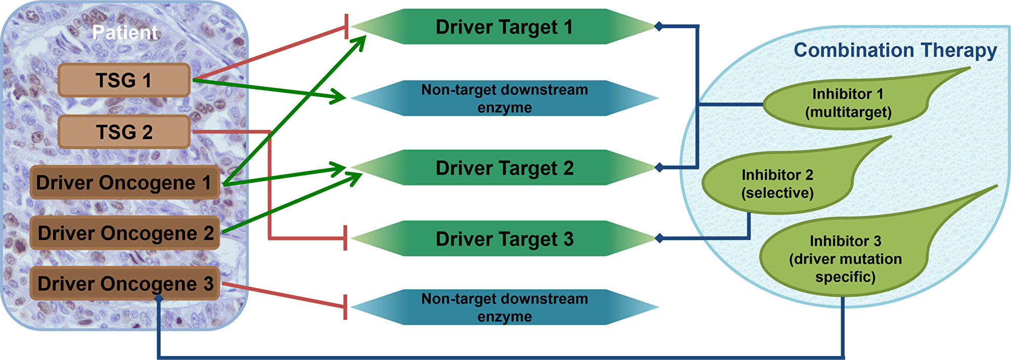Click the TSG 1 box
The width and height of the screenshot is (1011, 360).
pos(124,80)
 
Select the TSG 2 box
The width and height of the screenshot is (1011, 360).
pos(124,132)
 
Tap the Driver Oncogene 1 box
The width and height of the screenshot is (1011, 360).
pos(124,183)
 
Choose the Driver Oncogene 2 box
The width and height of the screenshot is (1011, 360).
pos(125,233)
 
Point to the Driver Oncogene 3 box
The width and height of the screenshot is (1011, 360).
pos(125,284)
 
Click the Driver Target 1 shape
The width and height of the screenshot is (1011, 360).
pos(504,27)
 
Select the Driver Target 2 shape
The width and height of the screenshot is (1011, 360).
pos(504,168)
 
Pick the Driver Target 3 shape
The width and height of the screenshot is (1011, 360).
pos(504,239)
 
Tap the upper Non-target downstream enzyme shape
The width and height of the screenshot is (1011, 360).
pos(504,99)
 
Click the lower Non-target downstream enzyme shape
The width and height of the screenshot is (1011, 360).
pos(504,307)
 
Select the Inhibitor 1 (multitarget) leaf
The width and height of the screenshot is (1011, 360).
pos(848,103)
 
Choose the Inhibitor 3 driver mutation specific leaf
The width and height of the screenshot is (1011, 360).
pos(845,259)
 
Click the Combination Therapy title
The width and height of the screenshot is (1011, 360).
pos(895,50)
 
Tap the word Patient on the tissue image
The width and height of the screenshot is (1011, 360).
pos(125,33)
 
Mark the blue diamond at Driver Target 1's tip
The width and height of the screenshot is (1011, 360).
pos(659,26)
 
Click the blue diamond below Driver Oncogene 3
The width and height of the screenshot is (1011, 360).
pos(159,299)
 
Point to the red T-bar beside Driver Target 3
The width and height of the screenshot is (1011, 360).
pos(345,238)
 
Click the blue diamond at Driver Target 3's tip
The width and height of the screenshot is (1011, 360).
pos(659,238)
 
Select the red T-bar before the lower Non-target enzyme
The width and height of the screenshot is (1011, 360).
pos(345,307)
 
